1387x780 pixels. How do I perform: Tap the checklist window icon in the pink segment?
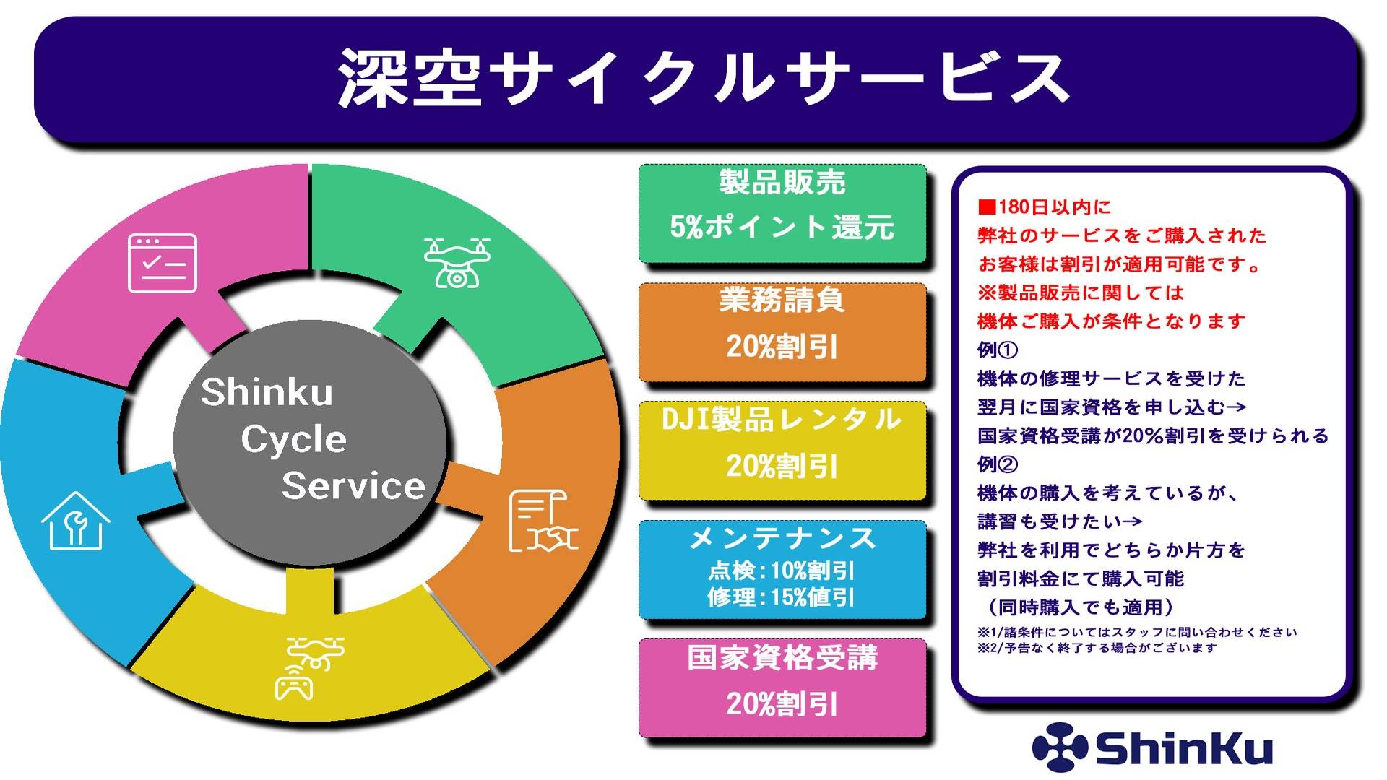tap(163, 263)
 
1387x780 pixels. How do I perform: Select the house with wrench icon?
tap(75, 521)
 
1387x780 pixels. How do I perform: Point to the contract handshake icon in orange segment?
tap(543, 521)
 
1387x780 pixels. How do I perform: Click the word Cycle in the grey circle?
tap(293, 439)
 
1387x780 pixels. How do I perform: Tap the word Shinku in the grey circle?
tap(267, 392)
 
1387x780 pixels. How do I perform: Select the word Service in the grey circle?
tap(353, 485)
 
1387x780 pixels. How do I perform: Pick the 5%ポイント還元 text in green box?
tap(782, 227)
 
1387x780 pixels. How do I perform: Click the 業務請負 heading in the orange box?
tap(782, 300)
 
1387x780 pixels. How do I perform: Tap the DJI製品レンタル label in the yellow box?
tap(782, 419)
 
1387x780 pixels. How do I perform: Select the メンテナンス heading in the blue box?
tap(782, 538)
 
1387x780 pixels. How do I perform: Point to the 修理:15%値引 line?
tap(782, 597)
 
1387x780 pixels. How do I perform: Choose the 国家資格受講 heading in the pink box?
tap(782, 657)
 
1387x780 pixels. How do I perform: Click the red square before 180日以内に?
tap(986, 207)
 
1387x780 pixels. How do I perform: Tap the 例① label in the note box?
tap(997, 350)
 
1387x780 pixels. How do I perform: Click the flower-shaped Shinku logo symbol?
tap(1059, 747)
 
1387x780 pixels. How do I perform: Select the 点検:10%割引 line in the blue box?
tap(782, 571)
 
